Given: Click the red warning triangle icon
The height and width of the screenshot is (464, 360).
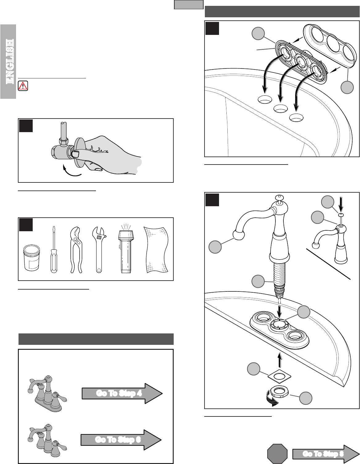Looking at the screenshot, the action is coord(23,86).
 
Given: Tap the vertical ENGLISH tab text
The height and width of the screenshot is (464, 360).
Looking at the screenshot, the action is coord(10,61).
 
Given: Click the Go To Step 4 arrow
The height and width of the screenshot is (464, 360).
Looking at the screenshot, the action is coord(122,393).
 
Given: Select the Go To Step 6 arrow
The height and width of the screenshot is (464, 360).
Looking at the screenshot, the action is coord(121,440).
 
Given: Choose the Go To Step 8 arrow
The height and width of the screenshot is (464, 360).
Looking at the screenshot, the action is coord(326,454).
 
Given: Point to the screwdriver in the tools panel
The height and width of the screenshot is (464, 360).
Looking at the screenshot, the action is coord(54,249).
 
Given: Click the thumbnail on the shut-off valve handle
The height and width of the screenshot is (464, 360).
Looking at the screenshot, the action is coord(76,154).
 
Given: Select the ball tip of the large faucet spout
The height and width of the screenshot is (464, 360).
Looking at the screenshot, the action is coord(238,235).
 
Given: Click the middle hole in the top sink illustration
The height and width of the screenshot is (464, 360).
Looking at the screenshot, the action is coord(281,109).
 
